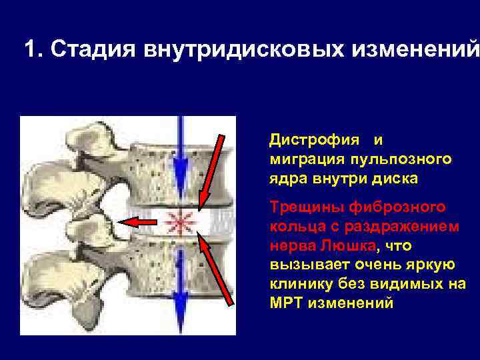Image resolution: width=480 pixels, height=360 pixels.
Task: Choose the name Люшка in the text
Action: (x=347, y=245)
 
